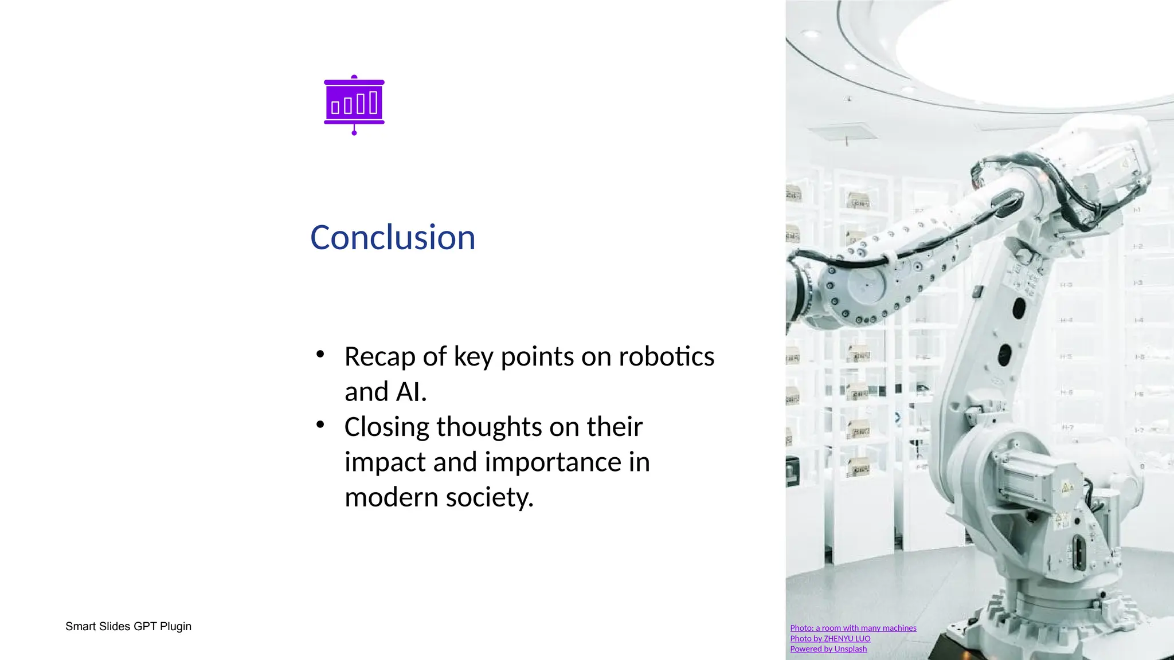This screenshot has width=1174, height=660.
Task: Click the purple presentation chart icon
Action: pos(354,105)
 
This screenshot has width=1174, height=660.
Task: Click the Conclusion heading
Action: pos(393,238)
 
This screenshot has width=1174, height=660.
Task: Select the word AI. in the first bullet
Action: pos(410,392)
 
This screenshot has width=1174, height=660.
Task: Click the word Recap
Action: pos(379,357)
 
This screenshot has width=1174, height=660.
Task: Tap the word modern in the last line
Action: pos(391,497)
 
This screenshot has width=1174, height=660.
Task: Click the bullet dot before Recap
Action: pos(320,354)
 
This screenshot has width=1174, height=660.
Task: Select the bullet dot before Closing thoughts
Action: pos(320,425)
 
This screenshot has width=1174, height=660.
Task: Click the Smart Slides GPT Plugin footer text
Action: pos(128,626)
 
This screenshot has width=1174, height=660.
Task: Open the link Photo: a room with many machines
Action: pos(853,628)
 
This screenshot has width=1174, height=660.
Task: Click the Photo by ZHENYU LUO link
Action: pos(830,638)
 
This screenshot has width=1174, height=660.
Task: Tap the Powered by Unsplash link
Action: pos(828,649)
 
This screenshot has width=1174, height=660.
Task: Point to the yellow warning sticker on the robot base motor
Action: pos(1067,488)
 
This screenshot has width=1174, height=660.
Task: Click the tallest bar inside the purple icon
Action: pos(373,103)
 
